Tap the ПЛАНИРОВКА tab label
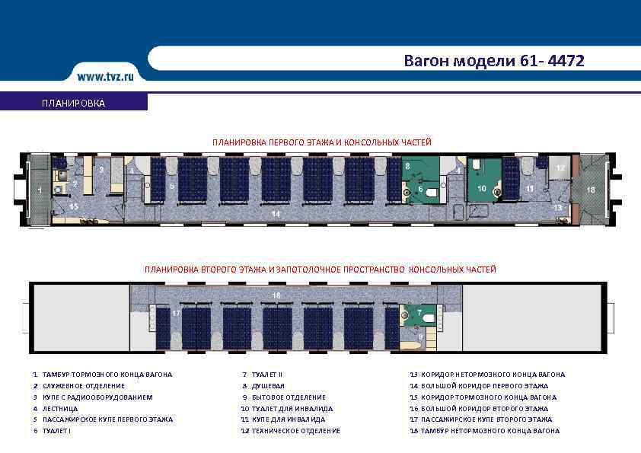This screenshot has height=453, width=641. (x=74, y=103)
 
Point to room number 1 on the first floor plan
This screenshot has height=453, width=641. (x=39, y=190)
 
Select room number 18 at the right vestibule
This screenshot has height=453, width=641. (x=591, y=189)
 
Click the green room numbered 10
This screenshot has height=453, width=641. (x=481, y=188)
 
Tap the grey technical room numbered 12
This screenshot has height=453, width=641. (x=560, y=167)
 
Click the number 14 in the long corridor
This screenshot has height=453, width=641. (x=276, y=214)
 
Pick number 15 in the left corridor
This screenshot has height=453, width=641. (x=74, y=206)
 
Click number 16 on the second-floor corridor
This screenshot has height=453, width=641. (x=276, y=294)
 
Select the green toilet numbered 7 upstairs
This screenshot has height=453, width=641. (x=419, y=312)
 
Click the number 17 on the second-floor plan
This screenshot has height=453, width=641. (x=176, y=313)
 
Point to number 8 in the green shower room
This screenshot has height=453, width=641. (x=407, y=166)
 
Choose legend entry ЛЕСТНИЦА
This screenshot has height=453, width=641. (x=60, y=408)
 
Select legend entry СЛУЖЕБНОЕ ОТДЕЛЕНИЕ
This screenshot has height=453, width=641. (x=84, y=386)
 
